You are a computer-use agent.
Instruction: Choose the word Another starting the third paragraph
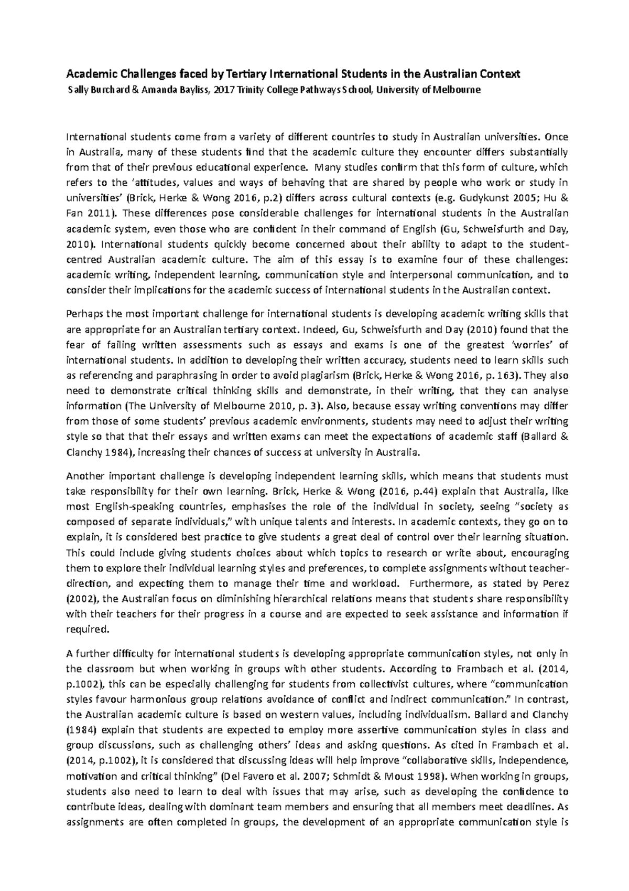point(84,476)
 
